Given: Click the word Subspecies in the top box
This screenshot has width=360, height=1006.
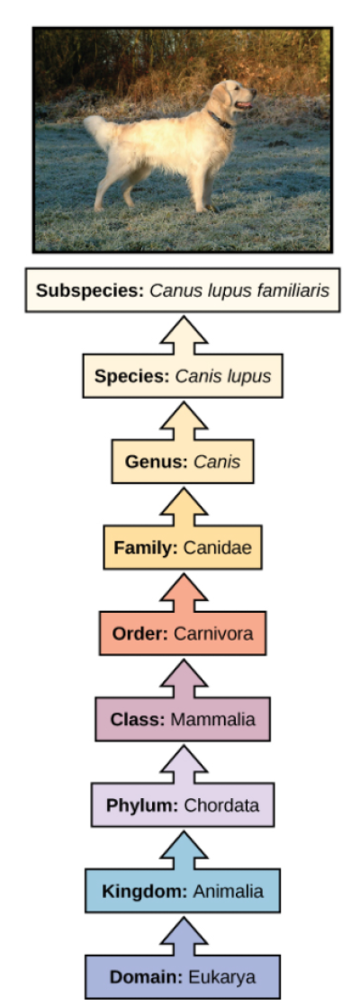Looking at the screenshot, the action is coord(89,291).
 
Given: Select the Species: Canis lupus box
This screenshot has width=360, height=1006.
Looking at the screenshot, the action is coord(183,376).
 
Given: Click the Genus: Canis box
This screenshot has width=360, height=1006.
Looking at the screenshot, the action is coord(183,462).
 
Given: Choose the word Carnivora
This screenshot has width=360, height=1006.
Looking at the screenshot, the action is coord(213,633).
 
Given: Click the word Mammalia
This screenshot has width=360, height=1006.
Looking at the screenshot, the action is coord(212,720).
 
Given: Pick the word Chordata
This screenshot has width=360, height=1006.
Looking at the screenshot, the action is coord(221,806).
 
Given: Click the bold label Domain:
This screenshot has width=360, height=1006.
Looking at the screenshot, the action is coord(147,978).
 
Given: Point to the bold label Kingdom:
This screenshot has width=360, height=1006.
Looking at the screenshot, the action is coord(145,892).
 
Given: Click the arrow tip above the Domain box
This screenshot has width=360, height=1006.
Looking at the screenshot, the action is coord(184,918).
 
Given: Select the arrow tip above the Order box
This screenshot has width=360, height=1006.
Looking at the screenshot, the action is coord(184,574).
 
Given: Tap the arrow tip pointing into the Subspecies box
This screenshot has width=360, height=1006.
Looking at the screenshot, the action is coord(184,317).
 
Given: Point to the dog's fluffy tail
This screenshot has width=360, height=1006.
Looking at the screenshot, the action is coord(103,131).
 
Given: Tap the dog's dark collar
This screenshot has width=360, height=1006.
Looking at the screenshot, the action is coord(220,120).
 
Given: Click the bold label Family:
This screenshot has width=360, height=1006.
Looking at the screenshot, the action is coord(147,548).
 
